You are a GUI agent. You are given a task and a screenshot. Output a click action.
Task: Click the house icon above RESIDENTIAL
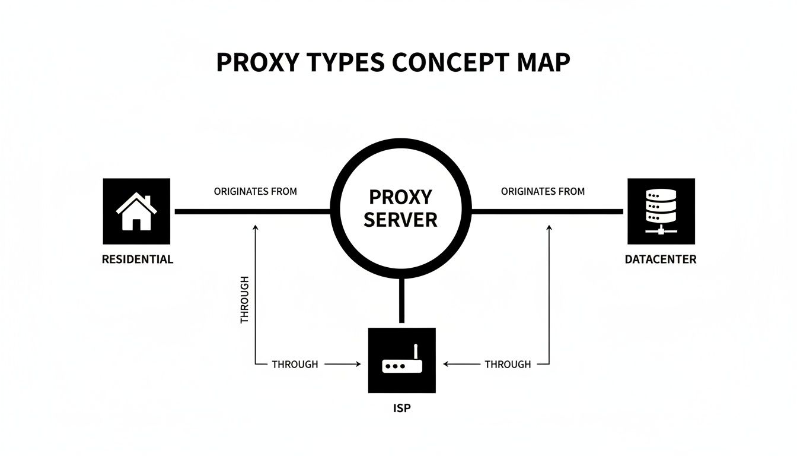(136, 211)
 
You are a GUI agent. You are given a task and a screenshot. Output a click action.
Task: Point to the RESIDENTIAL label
(138, 259)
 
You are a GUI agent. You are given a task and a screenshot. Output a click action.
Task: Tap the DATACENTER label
(661, 259)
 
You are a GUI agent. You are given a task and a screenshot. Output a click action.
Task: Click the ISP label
(401, 409)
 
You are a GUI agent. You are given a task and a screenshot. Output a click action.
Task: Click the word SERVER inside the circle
(400, 220)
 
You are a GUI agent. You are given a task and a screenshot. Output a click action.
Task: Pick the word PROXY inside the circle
(400, 197)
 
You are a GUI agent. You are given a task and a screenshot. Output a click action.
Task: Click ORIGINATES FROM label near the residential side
(255, 192)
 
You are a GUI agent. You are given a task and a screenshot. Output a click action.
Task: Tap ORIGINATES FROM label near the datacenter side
(543, 192)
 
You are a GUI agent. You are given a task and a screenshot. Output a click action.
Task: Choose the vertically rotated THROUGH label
(245, 300)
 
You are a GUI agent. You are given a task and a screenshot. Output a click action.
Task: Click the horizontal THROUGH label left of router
(295, 365)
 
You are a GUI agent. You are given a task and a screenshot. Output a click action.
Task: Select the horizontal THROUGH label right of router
(508, 365)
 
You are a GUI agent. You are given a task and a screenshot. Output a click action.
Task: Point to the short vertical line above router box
(401, 302)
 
